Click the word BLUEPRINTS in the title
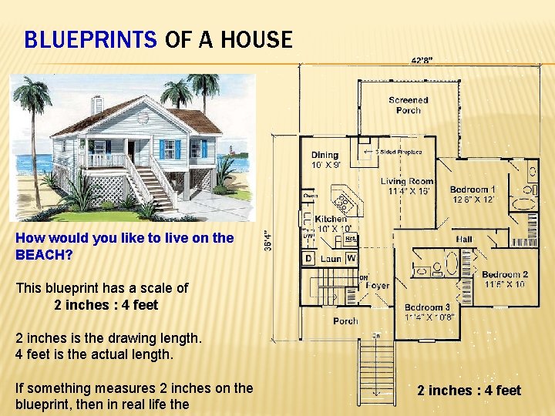pyautogui.click(x=90, y=39)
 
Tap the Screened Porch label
pyautogui.click(x=408, y=105)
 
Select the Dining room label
pyautogui.click(x=325, y=156)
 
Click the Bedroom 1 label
pyautogui.click(x=473, y=190)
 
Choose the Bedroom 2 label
pyautogui.click(x=505, y=275)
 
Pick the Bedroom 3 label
pyautogui.click(x=427, y=307)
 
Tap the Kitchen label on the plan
pyautogui.click(x=331, y=220)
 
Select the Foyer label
pyautogui.click(x=377, y=285)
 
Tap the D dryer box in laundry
pyautogui.click(x=308, y=258)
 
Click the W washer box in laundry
pyautogui.click(x=351, y=258)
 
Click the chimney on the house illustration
pyautogui.click(x=96, y=104)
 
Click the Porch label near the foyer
pyautogui.click(x=345, y=320)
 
